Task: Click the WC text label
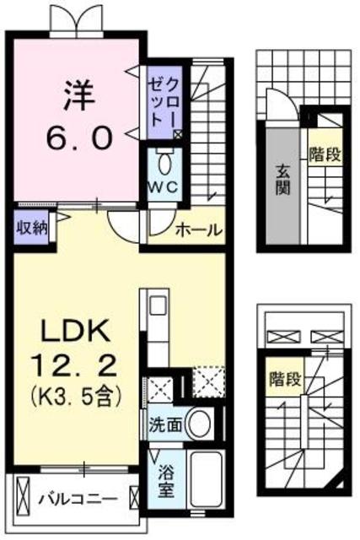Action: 162,187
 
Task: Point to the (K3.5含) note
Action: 74,393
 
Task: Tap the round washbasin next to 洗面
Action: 198,423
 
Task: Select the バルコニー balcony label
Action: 76,498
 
